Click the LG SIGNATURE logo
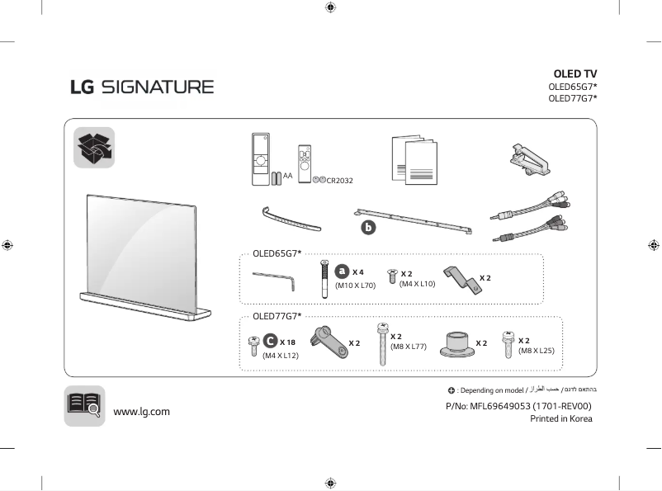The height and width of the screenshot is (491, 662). click(141, 87)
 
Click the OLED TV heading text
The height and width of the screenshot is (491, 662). click(575, 74)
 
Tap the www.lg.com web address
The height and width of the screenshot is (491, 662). click(141, 411)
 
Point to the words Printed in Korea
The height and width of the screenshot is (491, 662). click(560, 418)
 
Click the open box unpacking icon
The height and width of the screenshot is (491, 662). click(94, 148)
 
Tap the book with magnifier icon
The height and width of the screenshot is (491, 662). click(84, 405)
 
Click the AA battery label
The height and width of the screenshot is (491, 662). click(287, 176)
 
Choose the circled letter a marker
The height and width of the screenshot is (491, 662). click(342, 271)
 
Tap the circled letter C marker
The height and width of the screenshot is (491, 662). click(270, 341)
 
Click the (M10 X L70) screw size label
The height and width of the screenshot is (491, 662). click(355, 286)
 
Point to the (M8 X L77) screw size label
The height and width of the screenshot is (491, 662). click(408, 347)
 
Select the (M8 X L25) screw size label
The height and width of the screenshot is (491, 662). click(537, 351)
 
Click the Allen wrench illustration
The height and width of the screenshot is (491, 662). click(275, 281)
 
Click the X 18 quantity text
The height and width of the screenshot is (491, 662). click(287, 342)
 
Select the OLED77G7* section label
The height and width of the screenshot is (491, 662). click(277, 315)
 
